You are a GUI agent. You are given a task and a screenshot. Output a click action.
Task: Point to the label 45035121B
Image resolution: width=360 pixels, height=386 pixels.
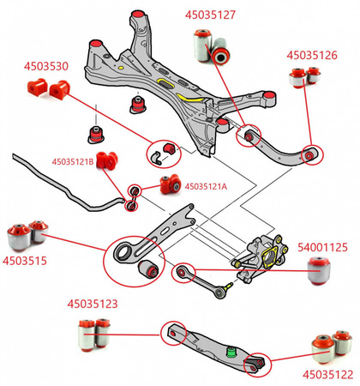coord(75,160)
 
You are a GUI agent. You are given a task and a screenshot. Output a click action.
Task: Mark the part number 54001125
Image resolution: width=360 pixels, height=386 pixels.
coord(322,247)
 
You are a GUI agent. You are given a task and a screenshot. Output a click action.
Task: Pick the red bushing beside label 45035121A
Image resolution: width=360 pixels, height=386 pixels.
coord(170,183)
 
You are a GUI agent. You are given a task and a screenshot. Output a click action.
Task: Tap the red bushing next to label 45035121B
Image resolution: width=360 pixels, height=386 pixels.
coord(107,160)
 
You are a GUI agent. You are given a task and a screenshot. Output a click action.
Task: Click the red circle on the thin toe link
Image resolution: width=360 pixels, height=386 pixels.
coord(181,274)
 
